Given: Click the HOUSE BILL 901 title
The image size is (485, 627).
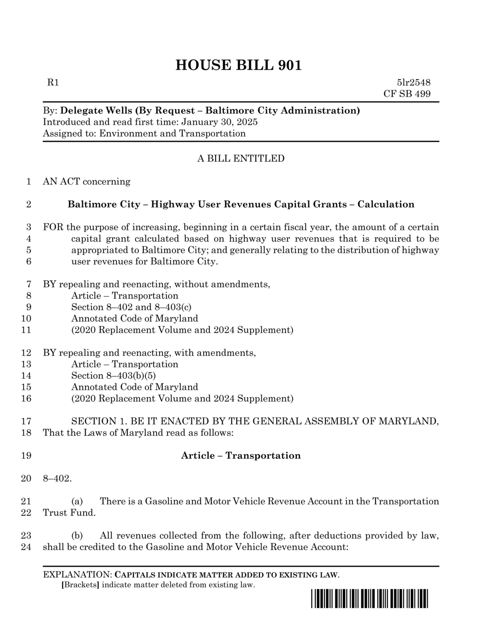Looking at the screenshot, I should pos(238,65).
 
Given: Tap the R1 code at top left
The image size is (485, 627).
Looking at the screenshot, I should pos(53,83).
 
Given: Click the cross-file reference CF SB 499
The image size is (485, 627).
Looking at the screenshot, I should pos(407,94).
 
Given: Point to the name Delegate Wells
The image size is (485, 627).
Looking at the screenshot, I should pos(97,111).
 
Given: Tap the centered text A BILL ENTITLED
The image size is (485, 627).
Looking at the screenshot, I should pos(241,159).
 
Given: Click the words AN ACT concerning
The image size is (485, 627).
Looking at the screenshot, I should pos(86,182).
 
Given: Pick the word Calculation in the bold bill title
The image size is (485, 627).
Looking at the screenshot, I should pos(386,204).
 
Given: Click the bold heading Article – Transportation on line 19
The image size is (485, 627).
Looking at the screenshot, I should pos(241,456).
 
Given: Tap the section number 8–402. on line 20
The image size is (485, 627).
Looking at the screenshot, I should pos(57,478).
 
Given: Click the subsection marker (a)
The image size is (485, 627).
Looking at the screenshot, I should pos(77,501).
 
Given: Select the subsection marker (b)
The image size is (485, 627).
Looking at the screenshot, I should pos(77,536).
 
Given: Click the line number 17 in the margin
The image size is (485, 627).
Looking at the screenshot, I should pos(27,421).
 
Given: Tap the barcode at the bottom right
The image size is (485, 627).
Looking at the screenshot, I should pos(369,599).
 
